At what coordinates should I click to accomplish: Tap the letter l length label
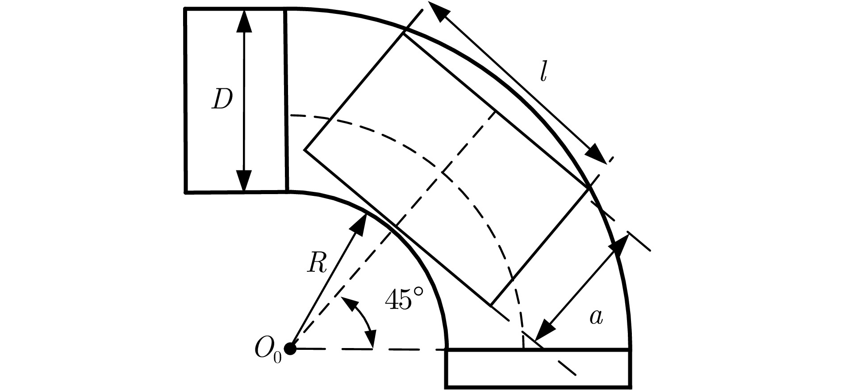[543, 72]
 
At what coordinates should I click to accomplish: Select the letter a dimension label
[597, 317]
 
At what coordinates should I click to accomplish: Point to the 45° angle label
[404, 299]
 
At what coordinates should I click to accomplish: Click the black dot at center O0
[291, 349]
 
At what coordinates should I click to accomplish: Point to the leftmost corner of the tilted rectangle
[305, 149]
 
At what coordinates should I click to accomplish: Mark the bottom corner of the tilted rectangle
[491, 306]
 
